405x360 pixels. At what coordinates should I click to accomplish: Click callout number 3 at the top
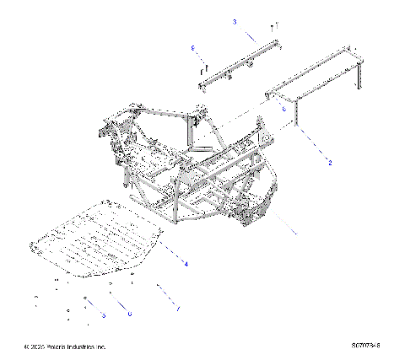tap(235, 21)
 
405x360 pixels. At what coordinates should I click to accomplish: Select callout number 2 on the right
tap(330, 163)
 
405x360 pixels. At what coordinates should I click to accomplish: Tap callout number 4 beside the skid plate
tap(186, 265)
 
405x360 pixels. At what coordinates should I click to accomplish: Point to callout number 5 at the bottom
tap(103, 314)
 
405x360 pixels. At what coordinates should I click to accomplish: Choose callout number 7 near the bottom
tap(178, 309)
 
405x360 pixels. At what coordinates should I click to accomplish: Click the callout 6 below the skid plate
tap(129, 313)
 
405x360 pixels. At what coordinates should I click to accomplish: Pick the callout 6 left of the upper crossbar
tap(193, 47)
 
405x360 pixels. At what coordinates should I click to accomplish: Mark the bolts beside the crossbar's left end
tap(204, 63)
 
